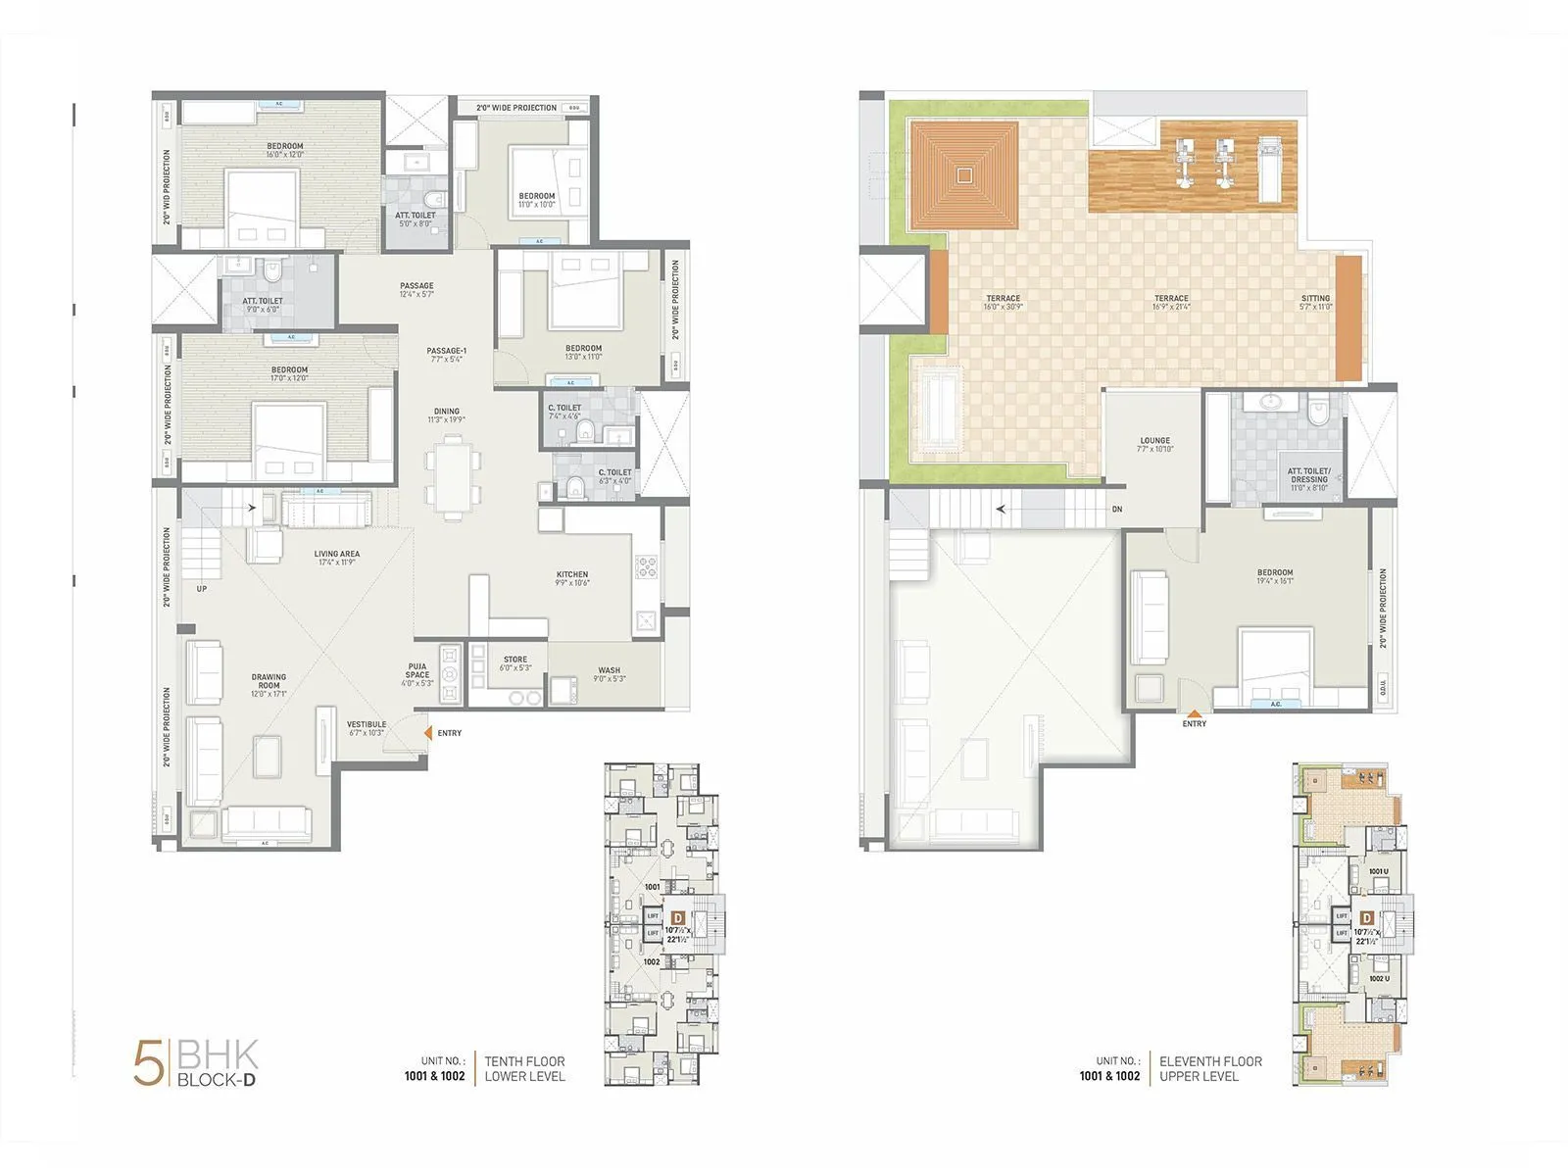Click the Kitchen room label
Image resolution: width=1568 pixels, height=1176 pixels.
(x=572, y=578)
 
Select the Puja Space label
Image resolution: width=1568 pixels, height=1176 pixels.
(x=417, y=674)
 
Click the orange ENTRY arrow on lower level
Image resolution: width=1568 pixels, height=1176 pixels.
(x=427, y=732)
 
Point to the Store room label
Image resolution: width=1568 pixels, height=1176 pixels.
(x=515, y=663)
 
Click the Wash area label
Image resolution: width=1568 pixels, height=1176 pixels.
(x=609, y=674)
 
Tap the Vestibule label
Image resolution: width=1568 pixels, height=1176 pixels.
(x=367, y=728)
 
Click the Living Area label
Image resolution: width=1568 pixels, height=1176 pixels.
(x=336, y=558)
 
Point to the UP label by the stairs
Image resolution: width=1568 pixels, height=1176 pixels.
(x=202, y=589)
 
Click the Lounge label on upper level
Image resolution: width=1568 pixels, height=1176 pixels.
(x=1154, y=445)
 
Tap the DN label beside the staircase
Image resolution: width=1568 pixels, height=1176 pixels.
(x=1117, y=510)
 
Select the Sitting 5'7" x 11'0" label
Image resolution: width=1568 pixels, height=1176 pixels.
(x=1315, y=302)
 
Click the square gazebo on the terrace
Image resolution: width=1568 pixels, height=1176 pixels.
(x=964, y=175)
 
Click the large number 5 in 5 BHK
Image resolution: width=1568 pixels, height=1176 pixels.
(x=149, y=1064)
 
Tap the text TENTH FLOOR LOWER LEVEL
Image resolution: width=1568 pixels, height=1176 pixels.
(x=524, y=1068)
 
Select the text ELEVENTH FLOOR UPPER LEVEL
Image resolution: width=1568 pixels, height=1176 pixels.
(x=1210, y=1068)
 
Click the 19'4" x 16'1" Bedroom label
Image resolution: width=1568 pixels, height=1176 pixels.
(x=1275, y=576)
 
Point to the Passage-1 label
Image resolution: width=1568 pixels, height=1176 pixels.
(x=446, y=354)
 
